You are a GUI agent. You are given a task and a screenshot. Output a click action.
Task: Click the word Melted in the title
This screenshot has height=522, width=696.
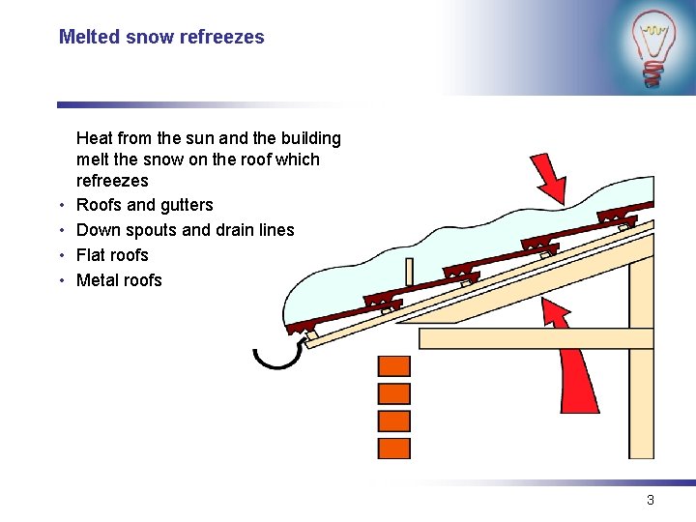pos(89,38)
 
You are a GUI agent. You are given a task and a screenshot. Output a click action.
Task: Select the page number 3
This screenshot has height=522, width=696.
pos(651,500)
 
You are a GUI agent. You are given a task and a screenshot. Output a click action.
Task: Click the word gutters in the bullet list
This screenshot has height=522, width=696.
pos(187,205)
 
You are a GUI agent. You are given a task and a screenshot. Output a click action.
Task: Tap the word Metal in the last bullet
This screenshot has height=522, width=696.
pos(98,280)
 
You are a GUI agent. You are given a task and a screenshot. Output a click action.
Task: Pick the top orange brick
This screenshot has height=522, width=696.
pos(393,366)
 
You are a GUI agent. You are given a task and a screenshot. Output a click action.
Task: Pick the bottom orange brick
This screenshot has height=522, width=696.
pos(393,449)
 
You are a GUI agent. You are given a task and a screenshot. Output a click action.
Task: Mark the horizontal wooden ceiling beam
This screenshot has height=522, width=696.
pos(522,338)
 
